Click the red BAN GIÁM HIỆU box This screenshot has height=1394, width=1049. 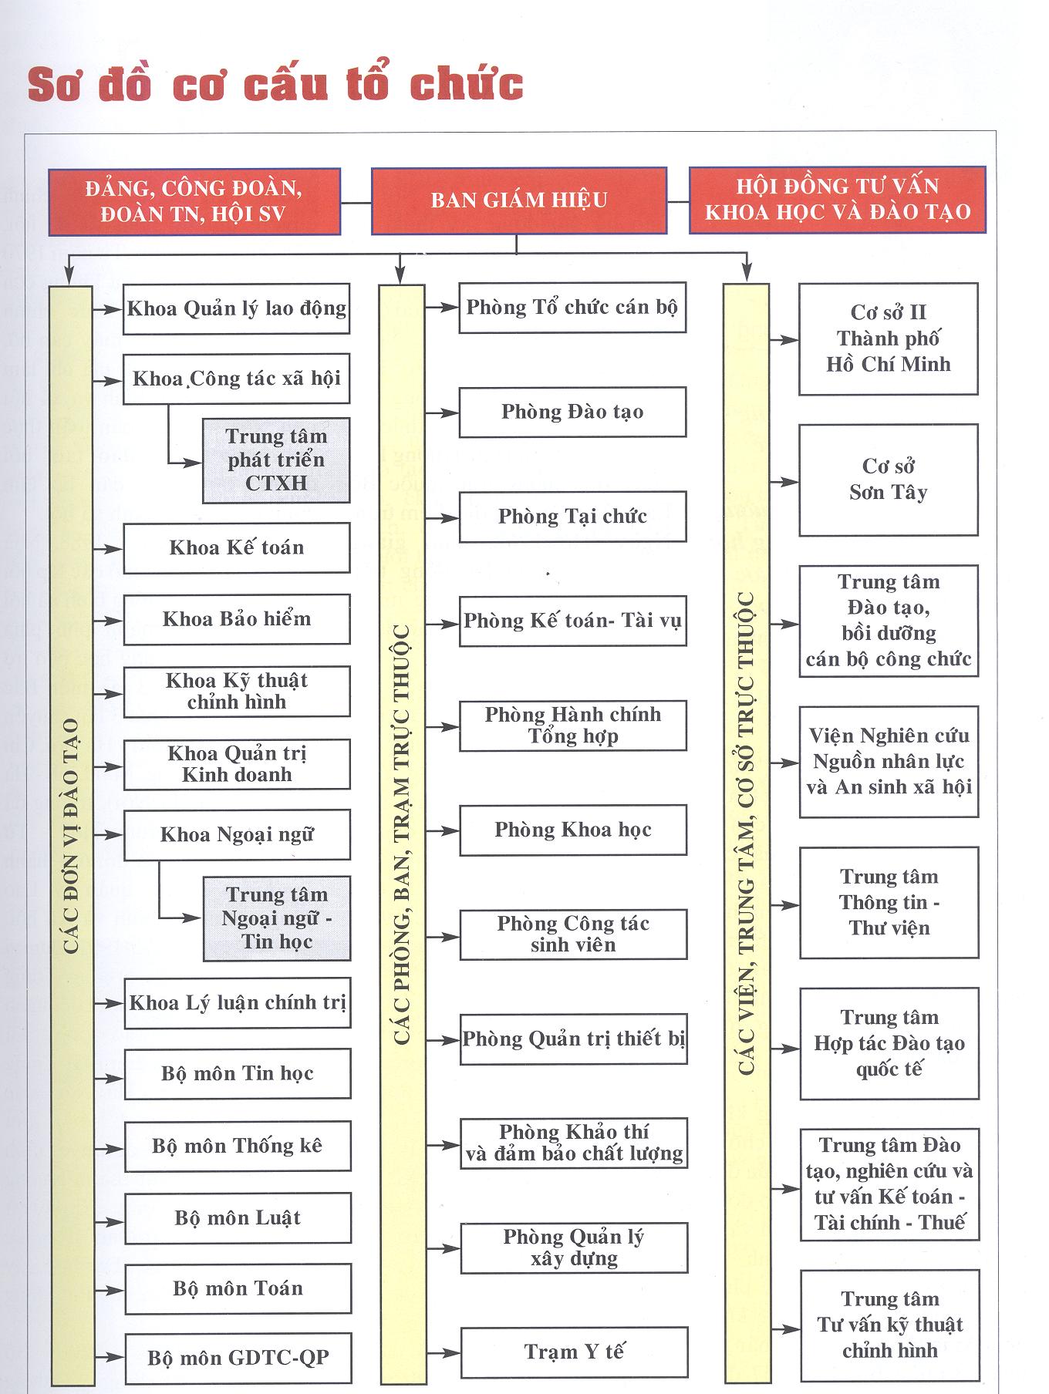click(x=519, y=201)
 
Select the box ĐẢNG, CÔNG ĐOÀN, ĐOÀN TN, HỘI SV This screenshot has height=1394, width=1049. click(x=194, y=201)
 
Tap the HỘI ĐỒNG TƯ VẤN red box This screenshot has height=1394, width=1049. click(x=837, y=200)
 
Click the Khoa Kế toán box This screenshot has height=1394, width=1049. click(x=237, y=548)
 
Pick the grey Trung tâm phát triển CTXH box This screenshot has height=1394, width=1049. click(x=276, y=460)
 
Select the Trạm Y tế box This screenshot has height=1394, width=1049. click(x=574, y=1352)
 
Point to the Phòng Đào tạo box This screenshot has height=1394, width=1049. click(x=572, y=412)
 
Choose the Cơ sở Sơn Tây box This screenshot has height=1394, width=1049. click(x=889, y=480)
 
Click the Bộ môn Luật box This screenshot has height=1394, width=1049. click(x=238, y=1218)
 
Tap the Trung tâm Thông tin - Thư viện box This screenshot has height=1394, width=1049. click(x=889, y=903)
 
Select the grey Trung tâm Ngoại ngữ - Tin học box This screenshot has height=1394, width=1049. click(x=277, y=918)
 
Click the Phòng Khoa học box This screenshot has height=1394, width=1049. click(x=573, y=830)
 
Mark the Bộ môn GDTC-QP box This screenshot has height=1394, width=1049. click(x=238, y=1358)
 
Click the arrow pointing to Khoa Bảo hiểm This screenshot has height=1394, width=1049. click(x=107, y=620)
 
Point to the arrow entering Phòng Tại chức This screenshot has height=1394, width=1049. click(x=442, y=518)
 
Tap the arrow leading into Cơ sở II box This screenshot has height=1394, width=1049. click(x=784, y=340)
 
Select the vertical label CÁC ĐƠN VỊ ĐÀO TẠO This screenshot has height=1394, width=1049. click(x=71, y=837)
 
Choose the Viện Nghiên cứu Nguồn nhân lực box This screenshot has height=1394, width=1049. click(x=889, y=762)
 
